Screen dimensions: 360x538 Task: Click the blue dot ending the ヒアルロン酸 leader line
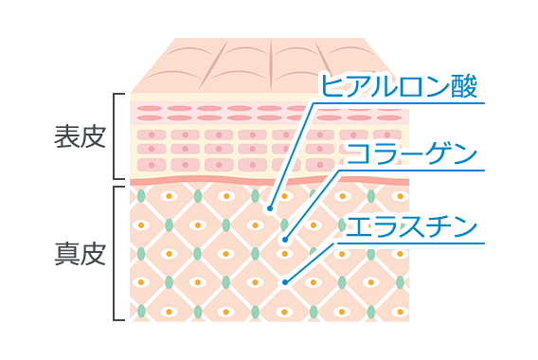click(x=270, y=207)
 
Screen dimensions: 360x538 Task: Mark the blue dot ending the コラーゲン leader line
click(x=285, y=241)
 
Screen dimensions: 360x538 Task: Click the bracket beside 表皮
click(x=117, y=136)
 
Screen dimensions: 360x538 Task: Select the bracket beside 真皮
click(x=117, y=253)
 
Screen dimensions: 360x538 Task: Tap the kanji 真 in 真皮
click(x=65, y=254)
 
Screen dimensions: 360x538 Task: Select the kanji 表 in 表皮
click(x=65, y=136)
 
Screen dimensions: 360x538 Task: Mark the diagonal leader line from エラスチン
click(x=313, y=260)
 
